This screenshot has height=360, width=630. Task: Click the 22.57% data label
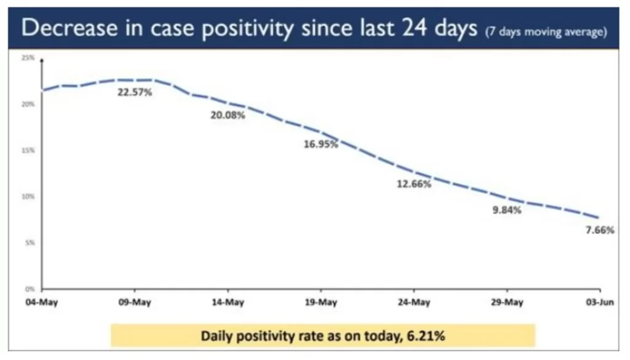(135, 93)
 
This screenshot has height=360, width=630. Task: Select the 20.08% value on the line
(228, 115)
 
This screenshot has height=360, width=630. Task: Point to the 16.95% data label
(321, 145)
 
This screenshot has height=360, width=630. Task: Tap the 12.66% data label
(414, 184)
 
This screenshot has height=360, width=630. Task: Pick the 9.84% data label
(507, 210)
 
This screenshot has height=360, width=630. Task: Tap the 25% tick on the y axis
(28, 58)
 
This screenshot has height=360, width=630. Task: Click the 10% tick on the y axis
(28, 196)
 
